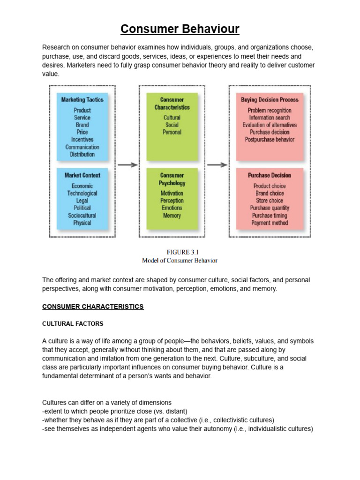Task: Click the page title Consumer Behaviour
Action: pyautogui.click(x=180, y=29)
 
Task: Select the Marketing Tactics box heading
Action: pyautogui.click(x=82, y=100)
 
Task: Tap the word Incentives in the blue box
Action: pyautogui.click(x=82, y=139)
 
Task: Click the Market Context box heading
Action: pyautogui.click(x=82, y=175)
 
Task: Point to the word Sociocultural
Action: pyautogui.click(x=82, y=215)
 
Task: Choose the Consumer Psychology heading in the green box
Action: pyautogui.click(x=172, y=179)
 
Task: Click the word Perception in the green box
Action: pyautogui.click(x=172, y=201)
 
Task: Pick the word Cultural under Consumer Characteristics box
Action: pyautogui.click(x=172, y=118)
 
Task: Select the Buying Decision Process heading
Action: pyautogui.click(x=270, y=100)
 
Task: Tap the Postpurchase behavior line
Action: pyautogui.click(x=270, y=139)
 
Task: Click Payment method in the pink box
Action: pyautogui.click(x=270, y=223)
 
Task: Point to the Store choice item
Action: pyautogui.click(x=270, y=201)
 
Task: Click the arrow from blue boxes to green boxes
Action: pyautogui.click(x=127, y=165)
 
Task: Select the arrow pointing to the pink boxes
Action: pyautogui.click(x=217, y=165)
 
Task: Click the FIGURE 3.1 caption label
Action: pyautogui.click(x=180, y=252)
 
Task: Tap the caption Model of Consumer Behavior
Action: pyautogui.click(x=180, y=261)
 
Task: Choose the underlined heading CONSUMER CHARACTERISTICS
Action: pyautogui.click(x=93, y=307)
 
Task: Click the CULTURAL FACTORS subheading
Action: pyautogui.click(x=73, y=324)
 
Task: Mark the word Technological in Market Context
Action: pyautogui.click(x=82, y=193)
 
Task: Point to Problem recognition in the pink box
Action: pyautogui.click(x=270, y=110)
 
